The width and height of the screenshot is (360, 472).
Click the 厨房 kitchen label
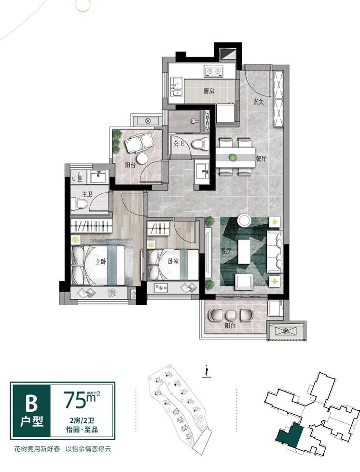(x=208, y=91)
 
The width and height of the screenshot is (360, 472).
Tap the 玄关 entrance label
(x=258, y=102)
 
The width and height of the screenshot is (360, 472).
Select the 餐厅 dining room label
(x=261, y=159)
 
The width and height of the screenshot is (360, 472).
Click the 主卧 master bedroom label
(x=101, y=261)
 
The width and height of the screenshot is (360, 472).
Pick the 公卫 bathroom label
(x=179, y=143)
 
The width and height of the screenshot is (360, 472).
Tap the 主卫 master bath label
(x=87, y=194)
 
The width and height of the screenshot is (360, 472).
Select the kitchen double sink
(x=177, y=86)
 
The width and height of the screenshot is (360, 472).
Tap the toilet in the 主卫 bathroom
(x=80, y=204)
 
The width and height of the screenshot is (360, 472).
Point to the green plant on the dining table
(x=232, y=157)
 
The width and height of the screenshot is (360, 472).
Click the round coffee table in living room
(x=244, y=220)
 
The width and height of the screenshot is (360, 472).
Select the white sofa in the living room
(x=274, y=252)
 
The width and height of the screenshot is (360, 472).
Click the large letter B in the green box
(x=31, y=404)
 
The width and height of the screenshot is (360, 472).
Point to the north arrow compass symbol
(x=206, y=371)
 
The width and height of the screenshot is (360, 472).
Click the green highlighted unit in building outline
(x=290, y=435)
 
